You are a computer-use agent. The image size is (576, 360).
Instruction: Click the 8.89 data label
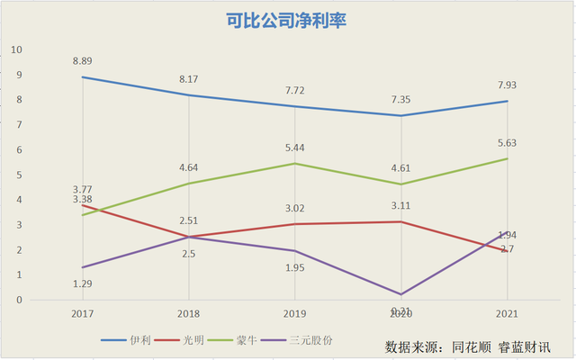(x=83, y=61)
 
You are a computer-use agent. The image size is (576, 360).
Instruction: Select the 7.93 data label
(x=506, y=85)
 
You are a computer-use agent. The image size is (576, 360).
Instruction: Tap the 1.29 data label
(x=83, y=283)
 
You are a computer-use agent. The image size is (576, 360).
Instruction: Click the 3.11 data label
(x=400, y=205)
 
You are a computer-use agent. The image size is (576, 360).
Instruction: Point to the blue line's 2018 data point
(x=189, y=95)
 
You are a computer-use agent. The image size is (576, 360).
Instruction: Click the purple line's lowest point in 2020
(x=400, y=294)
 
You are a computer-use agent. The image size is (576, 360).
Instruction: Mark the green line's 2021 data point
(x=506, y=159)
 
